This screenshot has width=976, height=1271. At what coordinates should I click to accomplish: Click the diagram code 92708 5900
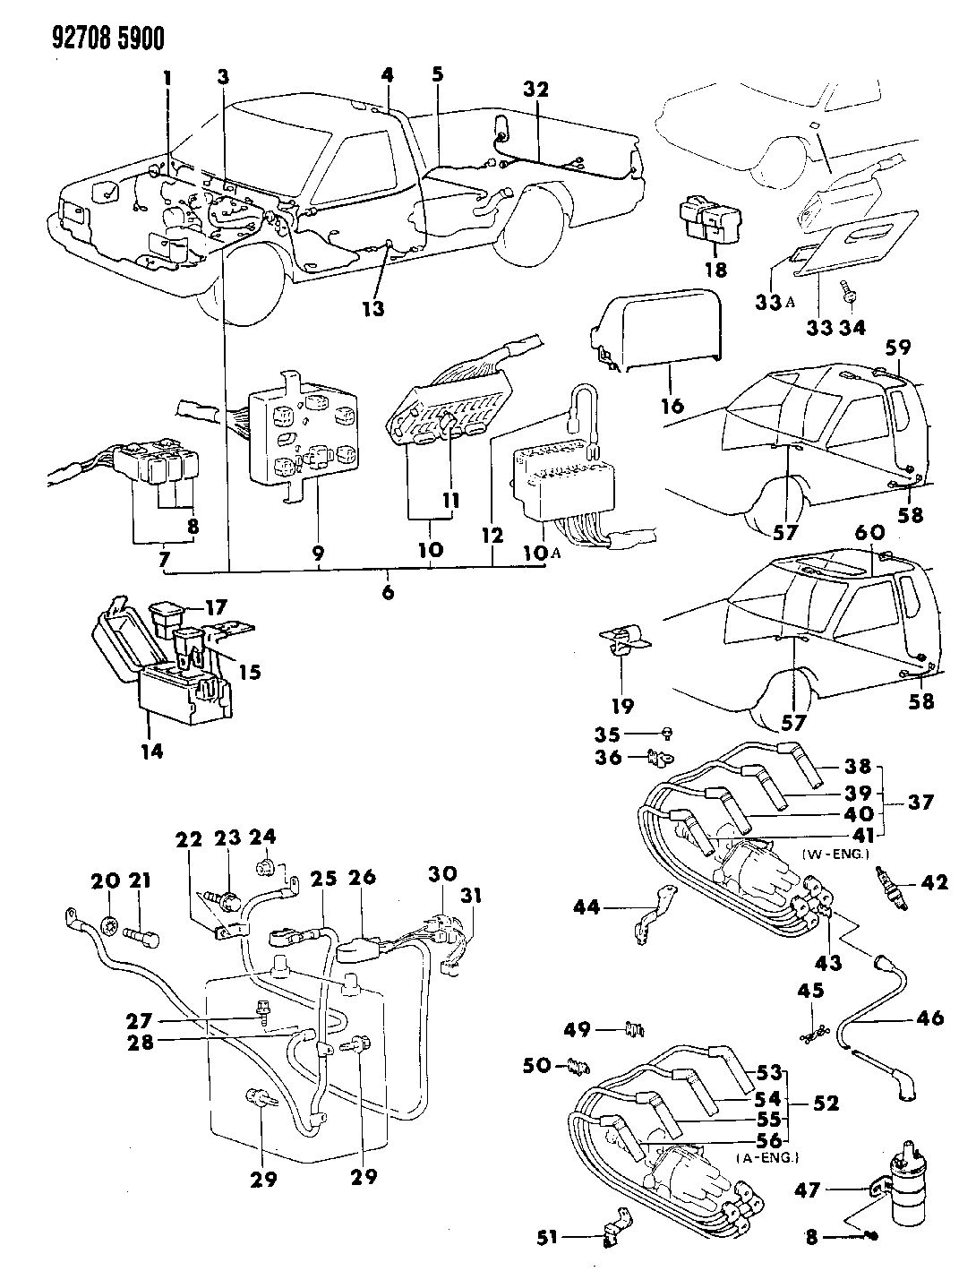[x=108, y=39]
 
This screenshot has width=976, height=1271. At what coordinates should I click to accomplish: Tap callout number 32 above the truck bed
[x=536, y=90]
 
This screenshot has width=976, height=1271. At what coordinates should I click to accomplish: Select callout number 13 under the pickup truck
[x=373, y=308]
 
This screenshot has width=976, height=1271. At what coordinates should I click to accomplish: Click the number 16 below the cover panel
[x=673, y=406]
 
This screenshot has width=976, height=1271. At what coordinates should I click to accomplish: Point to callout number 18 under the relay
[x=716, y=269]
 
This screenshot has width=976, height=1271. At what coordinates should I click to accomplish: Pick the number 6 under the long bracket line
[x=388, y=593]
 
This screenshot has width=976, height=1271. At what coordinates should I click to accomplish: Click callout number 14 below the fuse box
[x=151, y=751]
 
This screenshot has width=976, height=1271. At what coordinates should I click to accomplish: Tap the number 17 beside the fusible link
[x=216, y=607]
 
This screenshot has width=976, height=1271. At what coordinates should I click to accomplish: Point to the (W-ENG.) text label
[x=835, y=854]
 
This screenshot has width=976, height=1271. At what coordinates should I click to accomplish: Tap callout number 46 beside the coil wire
[x=929, y=1018]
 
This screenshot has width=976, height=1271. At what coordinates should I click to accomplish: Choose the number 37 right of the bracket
[x=920, y=802]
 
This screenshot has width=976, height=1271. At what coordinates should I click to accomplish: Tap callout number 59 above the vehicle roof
[x=898, y=348]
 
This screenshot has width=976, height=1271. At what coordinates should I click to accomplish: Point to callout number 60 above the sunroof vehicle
[x=871, y=533]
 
